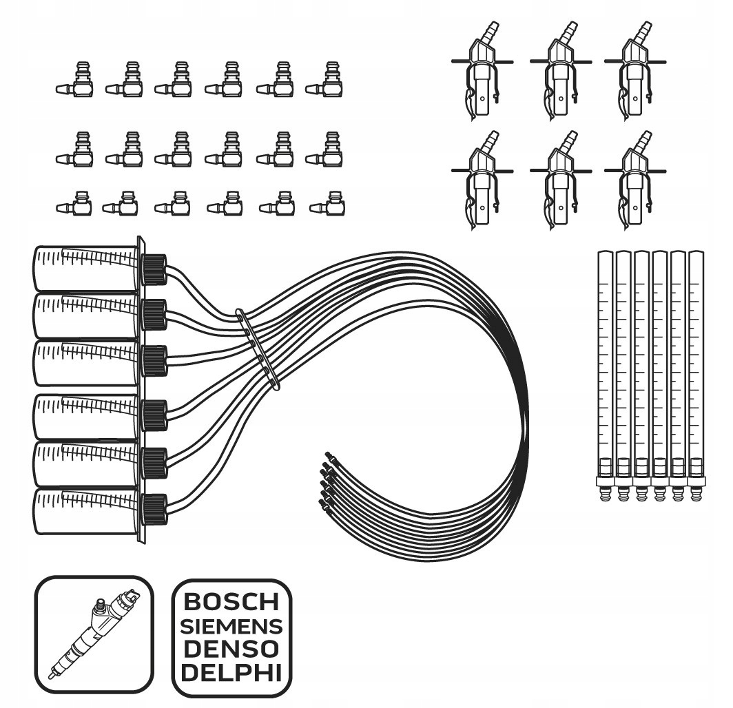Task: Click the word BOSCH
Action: click(231, 602)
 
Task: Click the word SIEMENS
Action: click(231, 627)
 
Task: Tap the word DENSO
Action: click(231, 649)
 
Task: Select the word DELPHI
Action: click(231, 671)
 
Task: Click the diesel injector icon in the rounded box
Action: click(93, 634)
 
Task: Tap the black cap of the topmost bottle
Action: click(154, 269)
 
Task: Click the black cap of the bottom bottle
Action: click(154, 510)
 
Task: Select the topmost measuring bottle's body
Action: click(86, 269)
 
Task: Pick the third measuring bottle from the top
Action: click(86, 364)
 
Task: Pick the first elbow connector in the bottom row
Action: click(75, 205)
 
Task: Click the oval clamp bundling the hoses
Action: click(258, 348)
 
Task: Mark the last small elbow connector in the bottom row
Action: click(329, 205)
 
